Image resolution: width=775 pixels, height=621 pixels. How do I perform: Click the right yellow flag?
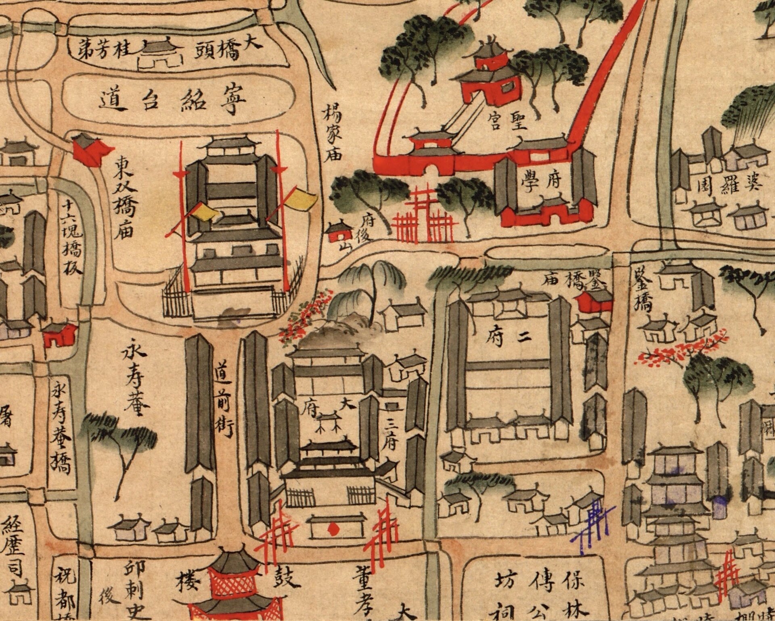click(302, 200)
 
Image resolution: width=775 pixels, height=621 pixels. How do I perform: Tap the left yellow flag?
click(203, 213)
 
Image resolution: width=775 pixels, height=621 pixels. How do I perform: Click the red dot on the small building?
click(334, 528)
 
